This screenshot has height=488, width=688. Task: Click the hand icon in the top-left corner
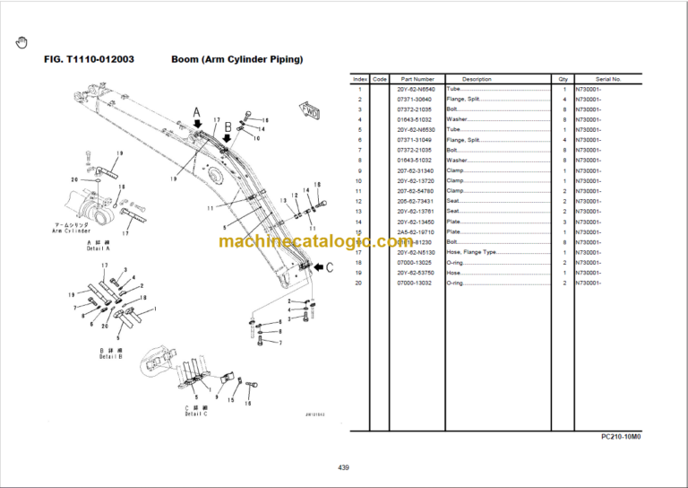tap(22, 41)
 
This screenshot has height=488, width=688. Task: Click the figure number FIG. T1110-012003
tap(90, 59)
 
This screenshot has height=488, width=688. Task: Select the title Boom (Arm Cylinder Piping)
tap(236, 59)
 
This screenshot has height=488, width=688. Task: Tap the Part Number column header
tap(417, 80)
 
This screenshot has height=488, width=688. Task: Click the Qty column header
tap(563, 80)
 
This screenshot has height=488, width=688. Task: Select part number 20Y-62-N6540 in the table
tap(417, 90)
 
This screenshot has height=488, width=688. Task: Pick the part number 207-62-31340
tap(417, 170)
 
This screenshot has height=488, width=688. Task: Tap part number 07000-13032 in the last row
tap(417, 283)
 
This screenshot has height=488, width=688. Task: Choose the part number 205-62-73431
tap(417, 201)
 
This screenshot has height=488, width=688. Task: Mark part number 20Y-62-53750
tap(417, 273)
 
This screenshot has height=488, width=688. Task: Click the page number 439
tap(344, 467)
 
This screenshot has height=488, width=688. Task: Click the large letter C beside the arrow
tap(329, 266)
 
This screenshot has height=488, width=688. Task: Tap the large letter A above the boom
tap(197, 112)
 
